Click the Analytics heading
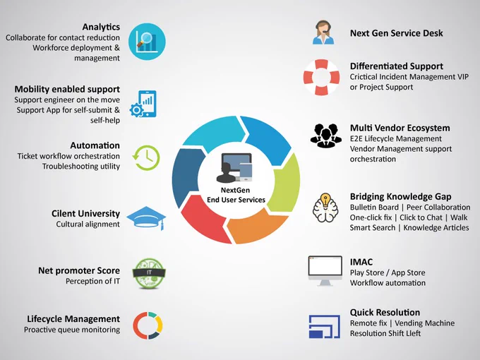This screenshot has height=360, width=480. pyautogui.click(x=101, y=28)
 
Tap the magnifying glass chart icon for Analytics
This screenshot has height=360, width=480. pyautogui.click(x=147, y=42)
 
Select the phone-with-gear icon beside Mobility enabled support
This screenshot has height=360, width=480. pyautogui.click(x=143, y=104)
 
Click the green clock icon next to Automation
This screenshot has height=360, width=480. pyautogui.click(x=146, y=157)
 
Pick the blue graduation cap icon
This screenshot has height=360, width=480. pyautogui.click(x=146, y=217)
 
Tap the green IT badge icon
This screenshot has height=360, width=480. pyautogui.click(x=149, y=273)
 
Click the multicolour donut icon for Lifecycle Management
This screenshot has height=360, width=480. pyautogui.click(x=148, y=325)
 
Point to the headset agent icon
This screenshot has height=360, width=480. pyautogui.click(x=323, y=32)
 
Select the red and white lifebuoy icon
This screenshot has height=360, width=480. pyautogui.click(x=321, y=78)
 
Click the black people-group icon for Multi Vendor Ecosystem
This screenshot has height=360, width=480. pyautogui.click(x=325, y=136)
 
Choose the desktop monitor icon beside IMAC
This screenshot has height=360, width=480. pyautogui.click(x=325, y=270)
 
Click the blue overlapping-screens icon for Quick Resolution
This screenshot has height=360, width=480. pyautogui.click(x=325, y=326)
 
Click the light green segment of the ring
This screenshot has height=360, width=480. pyautogui.click(x=286, y=184)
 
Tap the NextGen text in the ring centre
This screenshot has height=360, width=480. pyautogui.click(x=235, y=190)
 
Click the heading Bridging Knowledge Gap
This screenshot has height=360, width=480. pyautogui.click(x=400, y=196)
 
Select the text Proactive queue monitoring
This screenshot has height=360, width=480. pyautogui.click(x=72, y=330)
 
